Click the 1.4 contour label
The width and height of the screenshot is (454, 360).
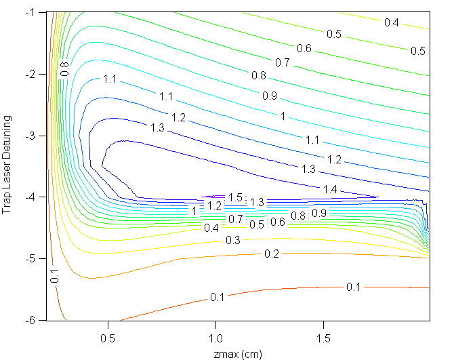pos(330,188)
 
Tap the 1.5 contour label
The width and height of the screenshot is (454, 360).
pos(235,197)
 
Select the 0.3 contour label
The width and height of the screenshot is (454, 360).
pos(232,240)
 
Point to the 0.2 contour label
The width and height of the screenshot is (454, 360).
pos(271,253)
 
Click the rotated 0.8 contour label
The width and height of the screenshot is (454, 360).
pos(65,68)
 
